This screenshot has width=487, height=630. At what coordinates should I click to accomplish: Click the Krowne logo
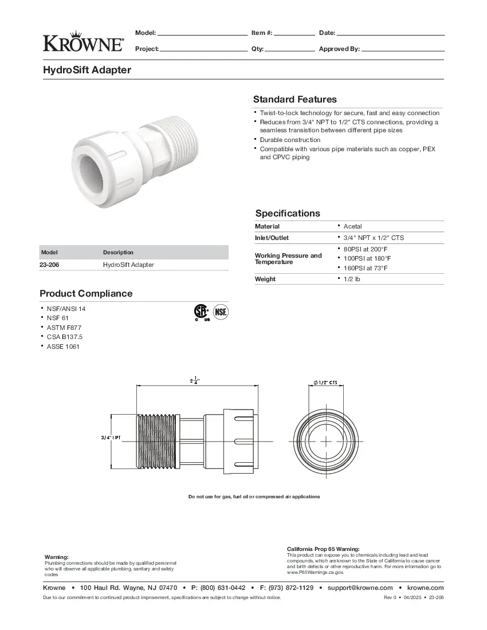coord(83,41)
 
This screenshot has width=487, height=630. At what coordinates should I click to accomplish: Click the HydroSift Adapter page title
coord(87,70)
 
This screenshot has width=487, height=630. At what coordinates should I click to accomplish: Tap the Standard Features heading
coord(294,99)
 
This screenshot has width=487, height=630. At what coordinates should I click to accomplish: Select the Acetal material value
coord(352,226)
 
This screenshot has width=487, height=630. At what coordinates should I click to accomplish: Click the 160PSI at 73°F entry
coord(365,267)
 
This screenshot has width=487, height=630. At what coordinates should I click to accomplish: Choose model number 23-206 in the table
coord(49,265)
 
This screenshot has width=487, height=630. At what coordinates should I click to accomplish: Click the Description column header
coord(118,252)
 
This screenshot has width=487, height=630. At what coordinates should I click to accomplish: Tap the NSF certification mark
coord(221,312)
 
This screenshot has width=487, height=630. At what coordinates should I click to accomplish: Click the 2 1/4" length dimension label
coord(195,380)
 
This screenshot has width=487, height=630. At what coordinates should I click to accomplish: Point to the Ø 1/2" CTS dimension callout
coord(325,383)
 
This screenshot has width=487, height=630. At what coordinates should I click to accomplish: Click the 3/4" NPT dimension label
coord(111,438)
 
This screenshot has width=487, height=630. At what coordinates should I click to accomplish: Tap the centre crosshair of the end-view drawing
coord(325,442)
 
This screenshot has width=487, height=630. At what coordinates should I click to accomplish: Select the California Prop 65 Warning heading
coord(323,549)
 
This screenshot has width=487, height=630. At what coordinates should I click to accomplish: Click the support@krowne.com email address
coord(360,588)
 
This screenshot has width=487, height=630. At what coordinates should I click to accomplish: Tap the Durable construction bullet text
coord(290,140)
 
